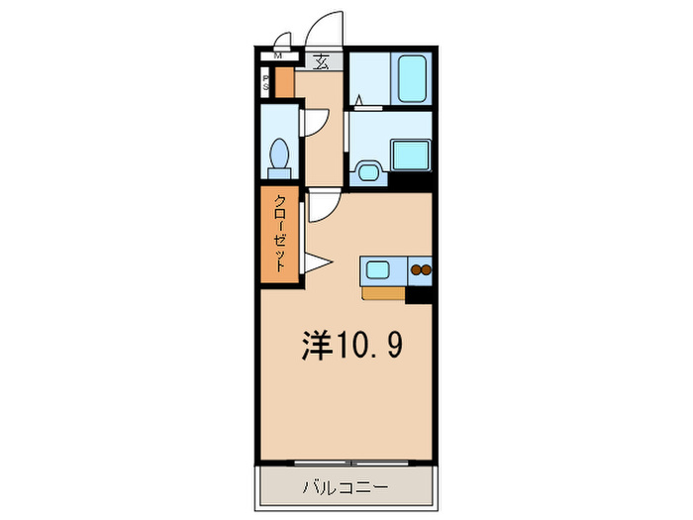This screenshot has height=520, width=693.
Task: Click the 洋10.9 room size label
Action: (x=350, y=345)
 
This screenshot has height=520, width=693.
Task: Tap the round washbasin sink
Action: (x=368, y=170)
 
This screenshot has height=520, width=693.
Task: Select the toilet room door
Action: (x=314, y=122)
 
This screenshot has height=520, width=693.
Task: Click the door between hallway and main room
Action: (x=324, y=207)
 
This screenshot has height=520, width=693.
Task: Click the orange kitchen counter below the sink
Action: (x=383, y=293)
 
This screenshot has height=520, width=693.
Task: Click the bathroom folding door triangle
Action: (x=358, y=100)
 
